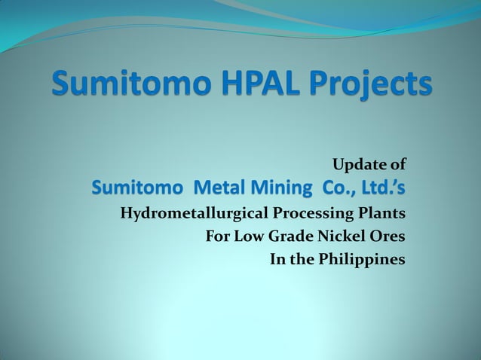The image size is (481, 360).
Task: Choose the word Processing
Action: [x=314, y=213]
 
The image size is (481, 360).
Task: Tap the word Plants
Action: [x=384, y=213]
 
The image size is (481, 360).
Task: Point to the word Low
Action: [x=250, y=236]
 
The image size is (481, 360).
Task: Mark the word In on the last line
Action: [x=277, y=261]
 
